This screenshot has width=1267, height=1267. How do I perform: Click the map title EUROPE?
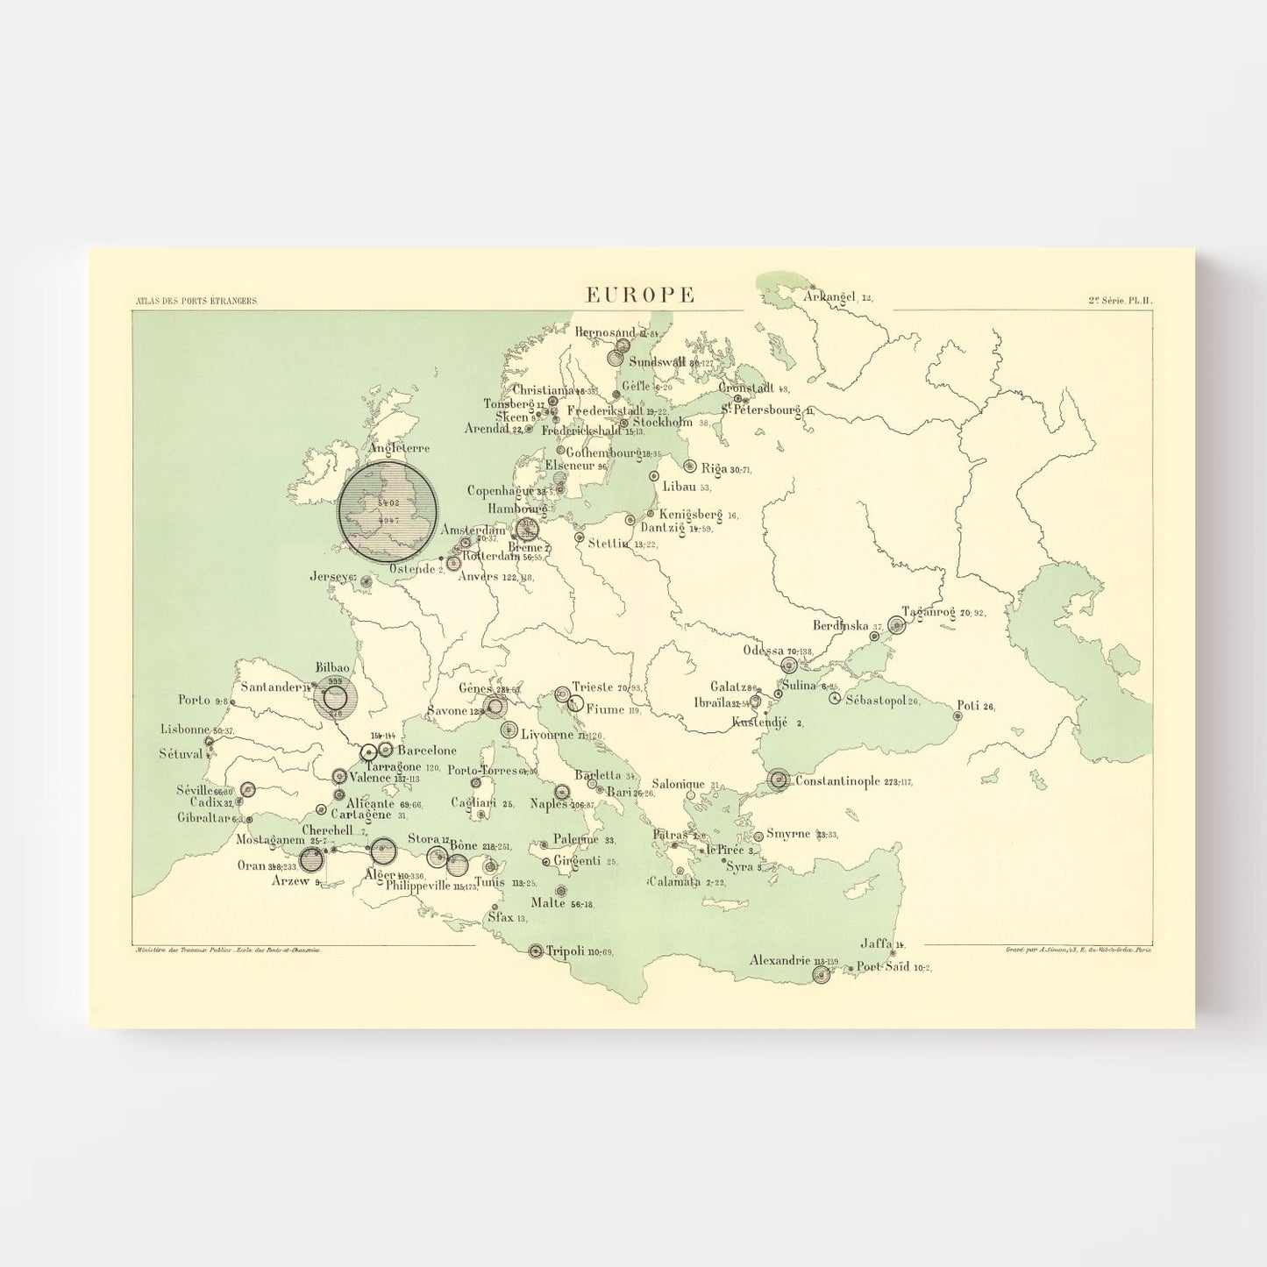pyautogui.click(x=640, y=295)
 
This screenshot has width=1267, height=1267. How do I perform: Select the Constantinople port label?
pyautogui.click(x=836, y=780)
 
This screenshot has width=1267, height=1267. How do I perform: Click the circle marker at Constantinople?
pyautogui.click(x=779, y=779)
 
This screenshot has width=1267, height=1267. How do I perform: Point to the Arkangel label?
pyautogui.click(x=829, y=297)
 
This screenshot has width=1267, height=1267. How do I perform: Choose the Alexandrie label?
pyautogui.click(x=779, y=960)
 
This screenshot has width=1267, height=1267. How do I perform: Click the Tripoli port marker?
pyautogui.click(x=536, y=950)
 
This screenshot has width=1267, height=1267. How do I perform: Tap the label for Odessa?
pyautogui.click(x=763, y=650)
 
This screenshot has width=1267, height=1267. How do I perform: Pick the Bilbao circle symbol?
pyautogui.click(x=335, y=699)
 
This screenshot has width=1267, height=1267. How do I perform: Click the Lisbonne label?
pyautogui.click(x=185, y=729)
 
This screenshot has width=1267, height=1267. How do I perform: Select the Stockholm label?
pyautogui.click(x=662, y=422)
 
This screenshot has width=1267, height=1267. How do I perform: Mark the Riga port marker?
pyautogui.click(x=690, y=466)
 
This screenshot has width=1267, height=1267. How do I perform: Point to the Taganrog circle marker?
pyautogui.click(x=896, y=624)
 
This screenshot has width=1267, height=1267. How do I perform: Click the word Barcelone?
pyautogui.click(x=427, y=751)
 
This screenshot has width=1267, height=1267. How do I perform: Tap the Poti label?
pyautogui.click(x=967, y=705)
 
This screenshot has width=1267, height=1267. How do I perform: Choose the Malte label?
pyautogui.click(x=548, y=903)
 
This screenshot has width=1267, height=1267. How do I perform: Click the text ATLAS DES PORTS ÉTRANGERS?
pyautogui.click(x=196, y=301)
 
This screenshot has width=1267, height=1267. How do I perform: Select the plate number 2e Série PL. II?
pyautogui.click(x=1121, y=300)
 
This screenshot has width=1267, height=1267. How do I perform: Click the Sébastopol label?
pyautogui.click(x=875, y=700)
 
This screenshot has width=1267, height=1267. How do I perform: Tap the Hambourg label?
pyautogui.click(x=517, y=509)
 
